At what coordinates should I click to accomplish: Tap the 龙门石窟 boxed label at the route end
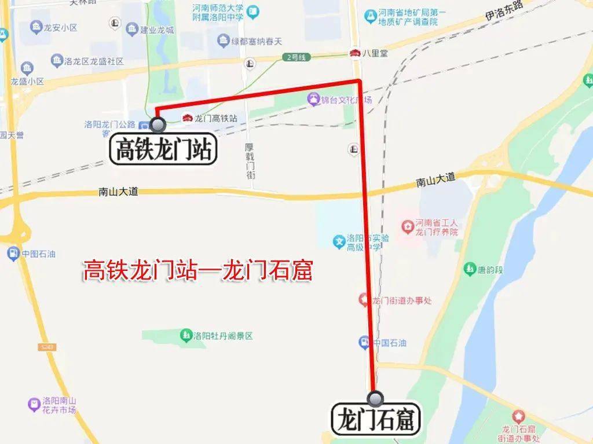click(376, 420)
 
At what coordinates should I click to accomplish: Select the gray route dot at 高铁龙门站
click(158, 124)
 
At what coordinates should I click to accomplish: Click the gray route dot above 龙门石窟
click(376, 398)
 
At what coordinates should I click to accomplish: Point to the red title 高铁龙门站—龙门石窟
click(197, 270)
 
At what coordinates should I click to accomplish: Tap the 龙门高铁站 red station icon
click(187, 118)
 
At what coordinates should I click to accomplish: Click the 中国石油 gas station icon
click(364, 343)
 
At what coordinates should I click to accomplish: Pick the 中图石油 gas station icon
click(13, 254)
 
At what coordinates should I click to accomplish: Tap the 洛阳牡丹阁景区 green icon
click(186, 335)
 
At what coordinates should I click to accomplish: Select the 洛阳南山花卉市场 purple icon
click(34, 404)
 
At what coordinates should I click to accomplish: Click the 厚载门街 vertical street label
click(250, 160)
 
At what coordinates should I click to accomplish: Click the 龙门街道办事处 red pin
click(364, 300)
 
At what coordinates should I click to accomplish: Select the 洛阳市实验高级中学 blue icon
click(339, 241)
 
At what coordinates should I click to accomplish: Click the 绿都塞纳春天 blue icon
click(223, 41)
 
